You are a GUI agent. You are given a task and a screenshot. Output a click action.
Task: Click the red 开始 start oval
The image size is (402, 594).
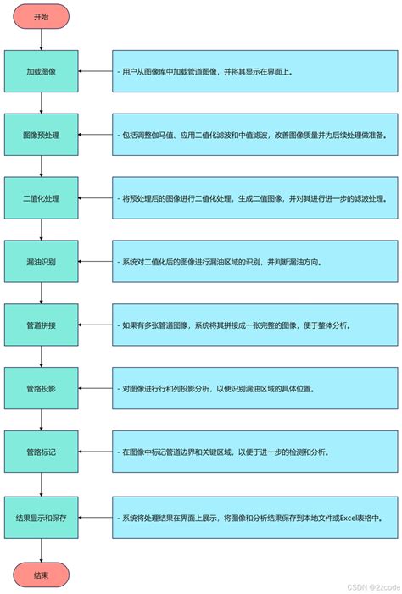pyautogui.click(x=41, y=17)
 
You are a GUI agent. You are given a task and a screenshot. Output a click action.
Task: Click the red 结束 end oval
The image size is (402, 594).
pyautogui.click(x=41, y=575)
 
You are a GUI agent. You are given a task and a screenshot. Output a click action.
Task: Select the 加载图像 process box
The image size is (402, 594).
pyautogui.click(x=41, y=72)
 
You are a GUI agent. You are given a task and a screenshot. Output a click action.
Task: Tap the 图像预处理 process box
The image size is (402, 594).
pyautogui.click(x=41, y=135)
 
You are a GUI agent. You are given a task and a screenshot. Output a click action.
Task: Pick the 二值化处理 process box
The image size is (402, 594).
pyautogui.click(x=41, y=198)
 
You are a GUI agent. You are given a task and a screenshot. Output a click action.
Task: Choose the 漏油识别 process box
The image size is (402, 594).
pyautogui.click(x=41, y=262)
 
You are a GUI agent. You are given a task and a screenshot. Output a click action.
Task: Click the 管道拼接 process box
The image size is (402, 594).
pyautogui.click(x=41, y=325)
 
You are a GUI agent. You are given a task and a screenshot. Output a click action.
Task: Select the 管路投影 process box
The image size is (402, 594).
pyautogui.click(x=41, y=389)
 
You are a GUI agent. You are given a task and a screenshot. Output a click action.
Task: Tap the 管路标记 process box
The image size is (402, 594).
pyautogui.click(x=41, y=452)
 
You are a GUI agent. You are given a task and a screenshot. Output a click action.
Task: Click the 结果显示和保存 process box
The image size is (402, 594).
pyautogui.click(x=41, y=517)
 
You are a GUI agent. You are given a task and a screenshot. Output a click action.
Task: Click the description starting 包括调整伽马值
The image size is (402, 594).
pyautogui.click(x=254, y=135)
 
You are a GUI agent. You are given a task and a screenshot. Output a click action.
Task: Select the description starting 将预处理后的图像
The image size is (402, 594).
pyautogui.click(x=254, y=198)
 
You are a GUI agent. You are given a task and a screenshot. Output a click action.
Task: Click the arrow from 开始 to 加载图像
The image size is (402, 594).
pyautogui.click(x=41, y=40)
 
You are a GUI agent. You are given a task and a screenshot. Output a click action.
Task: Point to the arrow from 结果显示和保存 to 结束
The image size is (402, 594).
pyautogui.click(x=41, y=550)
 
